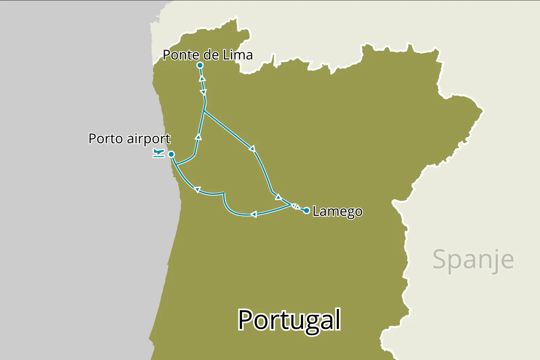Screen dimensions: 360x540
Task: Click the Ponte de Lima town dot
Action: (x=200, y=65)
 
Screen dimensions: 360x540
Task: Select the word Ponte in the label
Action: (x=181, y=55)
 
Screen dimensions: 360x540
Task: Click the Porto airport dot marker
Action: (x=171, y=154)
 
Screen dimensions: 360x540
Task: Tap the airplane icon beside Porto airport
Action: (x=158, y=153)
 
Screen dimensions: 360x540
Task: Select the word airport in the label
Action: (x=149, y=139)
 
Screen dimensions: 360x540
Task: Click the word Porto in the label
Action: (x=106, y=139)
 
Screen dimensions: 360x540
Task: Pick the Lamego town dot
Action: (x=306, y=211)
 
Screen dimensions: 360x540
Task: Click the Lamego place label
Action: (x=337, y=211)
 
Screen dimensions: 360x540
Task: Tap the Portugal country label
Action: (x=289, y=320)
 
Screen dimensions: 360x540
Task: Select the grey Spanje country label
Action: (x=473, y=259)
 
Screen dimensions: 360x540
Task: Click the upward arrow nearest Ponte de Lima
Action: (x=202, y=79)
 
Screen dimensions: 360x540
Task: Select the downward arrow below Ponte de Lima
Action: (x=204, y=92)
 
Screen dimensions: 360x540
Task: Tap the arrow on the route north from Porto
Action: (x=198, y=137)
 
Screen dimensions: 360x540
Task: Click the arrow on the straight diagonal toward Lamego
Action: (x=252, y=148)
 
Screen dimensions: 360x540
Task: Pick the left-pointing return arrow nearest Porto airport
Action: (x=197, y=189)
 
